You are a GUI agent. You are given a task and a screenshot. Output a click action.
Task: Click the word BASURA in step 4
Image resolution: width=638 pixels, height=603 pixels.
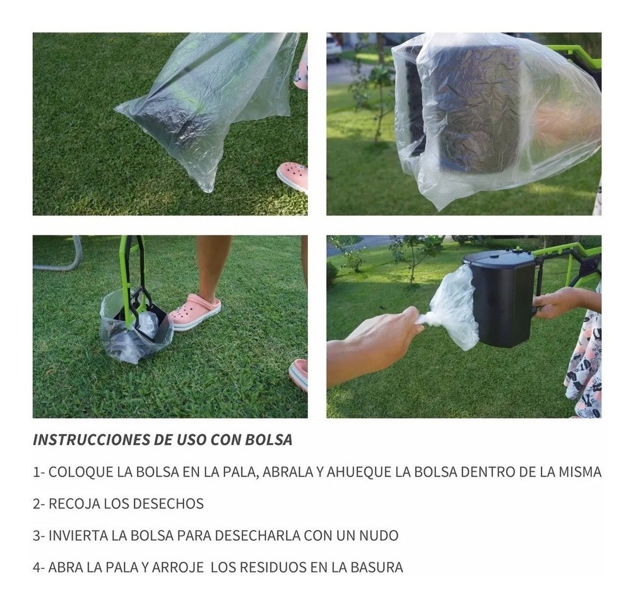coord(376,567)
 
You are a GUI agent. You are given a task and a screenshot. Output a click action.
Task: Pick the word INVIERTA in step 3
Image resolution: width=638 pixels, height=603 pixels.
coord(78,536)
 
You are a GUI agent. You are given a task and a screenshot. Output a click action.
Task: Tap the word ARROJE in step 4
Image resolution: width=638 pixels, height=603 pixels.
coord(178,567)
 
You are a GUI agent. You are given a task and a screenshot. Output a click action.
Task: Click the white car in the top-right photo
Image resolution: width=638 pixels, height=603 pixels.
coord(334,48)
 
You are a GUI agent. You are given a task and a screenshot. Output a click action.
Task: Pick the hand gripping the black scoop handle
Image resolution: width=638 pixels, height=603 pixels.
coord(558,303)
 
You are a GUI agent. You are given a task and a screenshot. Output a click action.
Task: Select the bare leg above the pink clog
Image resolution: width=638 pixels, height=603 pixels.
coord(213,266)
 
